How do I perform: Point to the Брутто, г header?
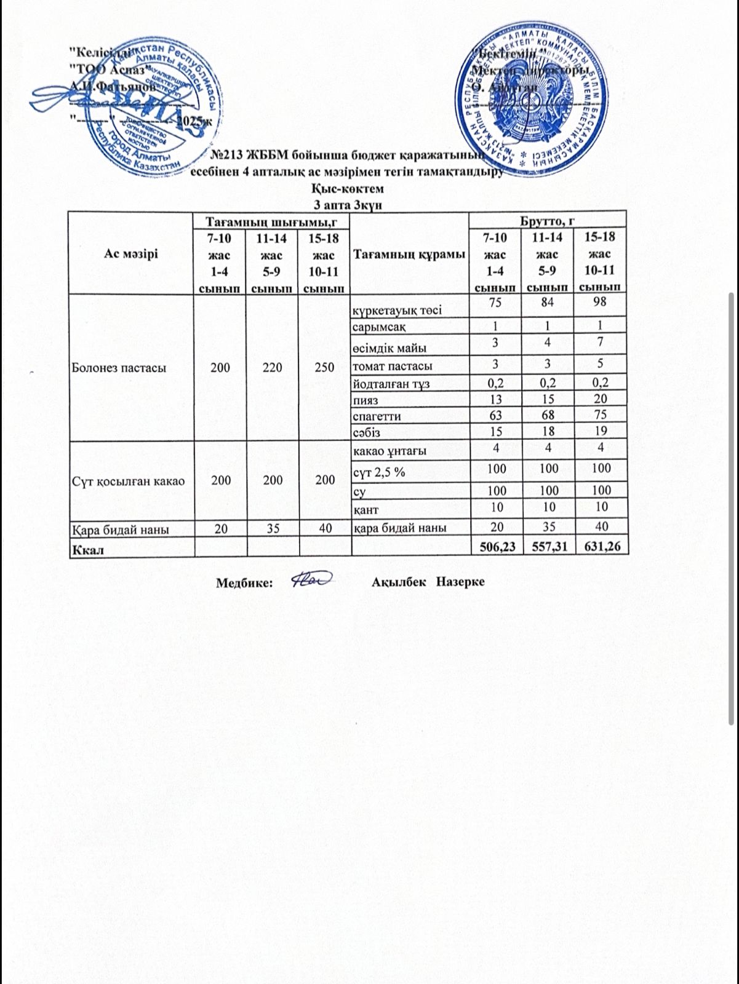point(547,219)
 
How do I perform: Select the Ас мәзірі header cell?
point(131,253)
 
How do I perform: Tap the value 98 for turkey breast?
point(601,302)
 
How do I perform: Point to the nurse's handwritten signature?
point(311,579)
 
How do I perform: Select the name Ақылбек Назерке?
point(428,582)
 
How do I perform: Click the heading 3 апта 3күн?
point(348,204)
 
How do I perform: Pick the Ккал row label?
point(87,549)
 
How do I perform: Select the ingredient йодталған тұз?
point(390,384)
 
